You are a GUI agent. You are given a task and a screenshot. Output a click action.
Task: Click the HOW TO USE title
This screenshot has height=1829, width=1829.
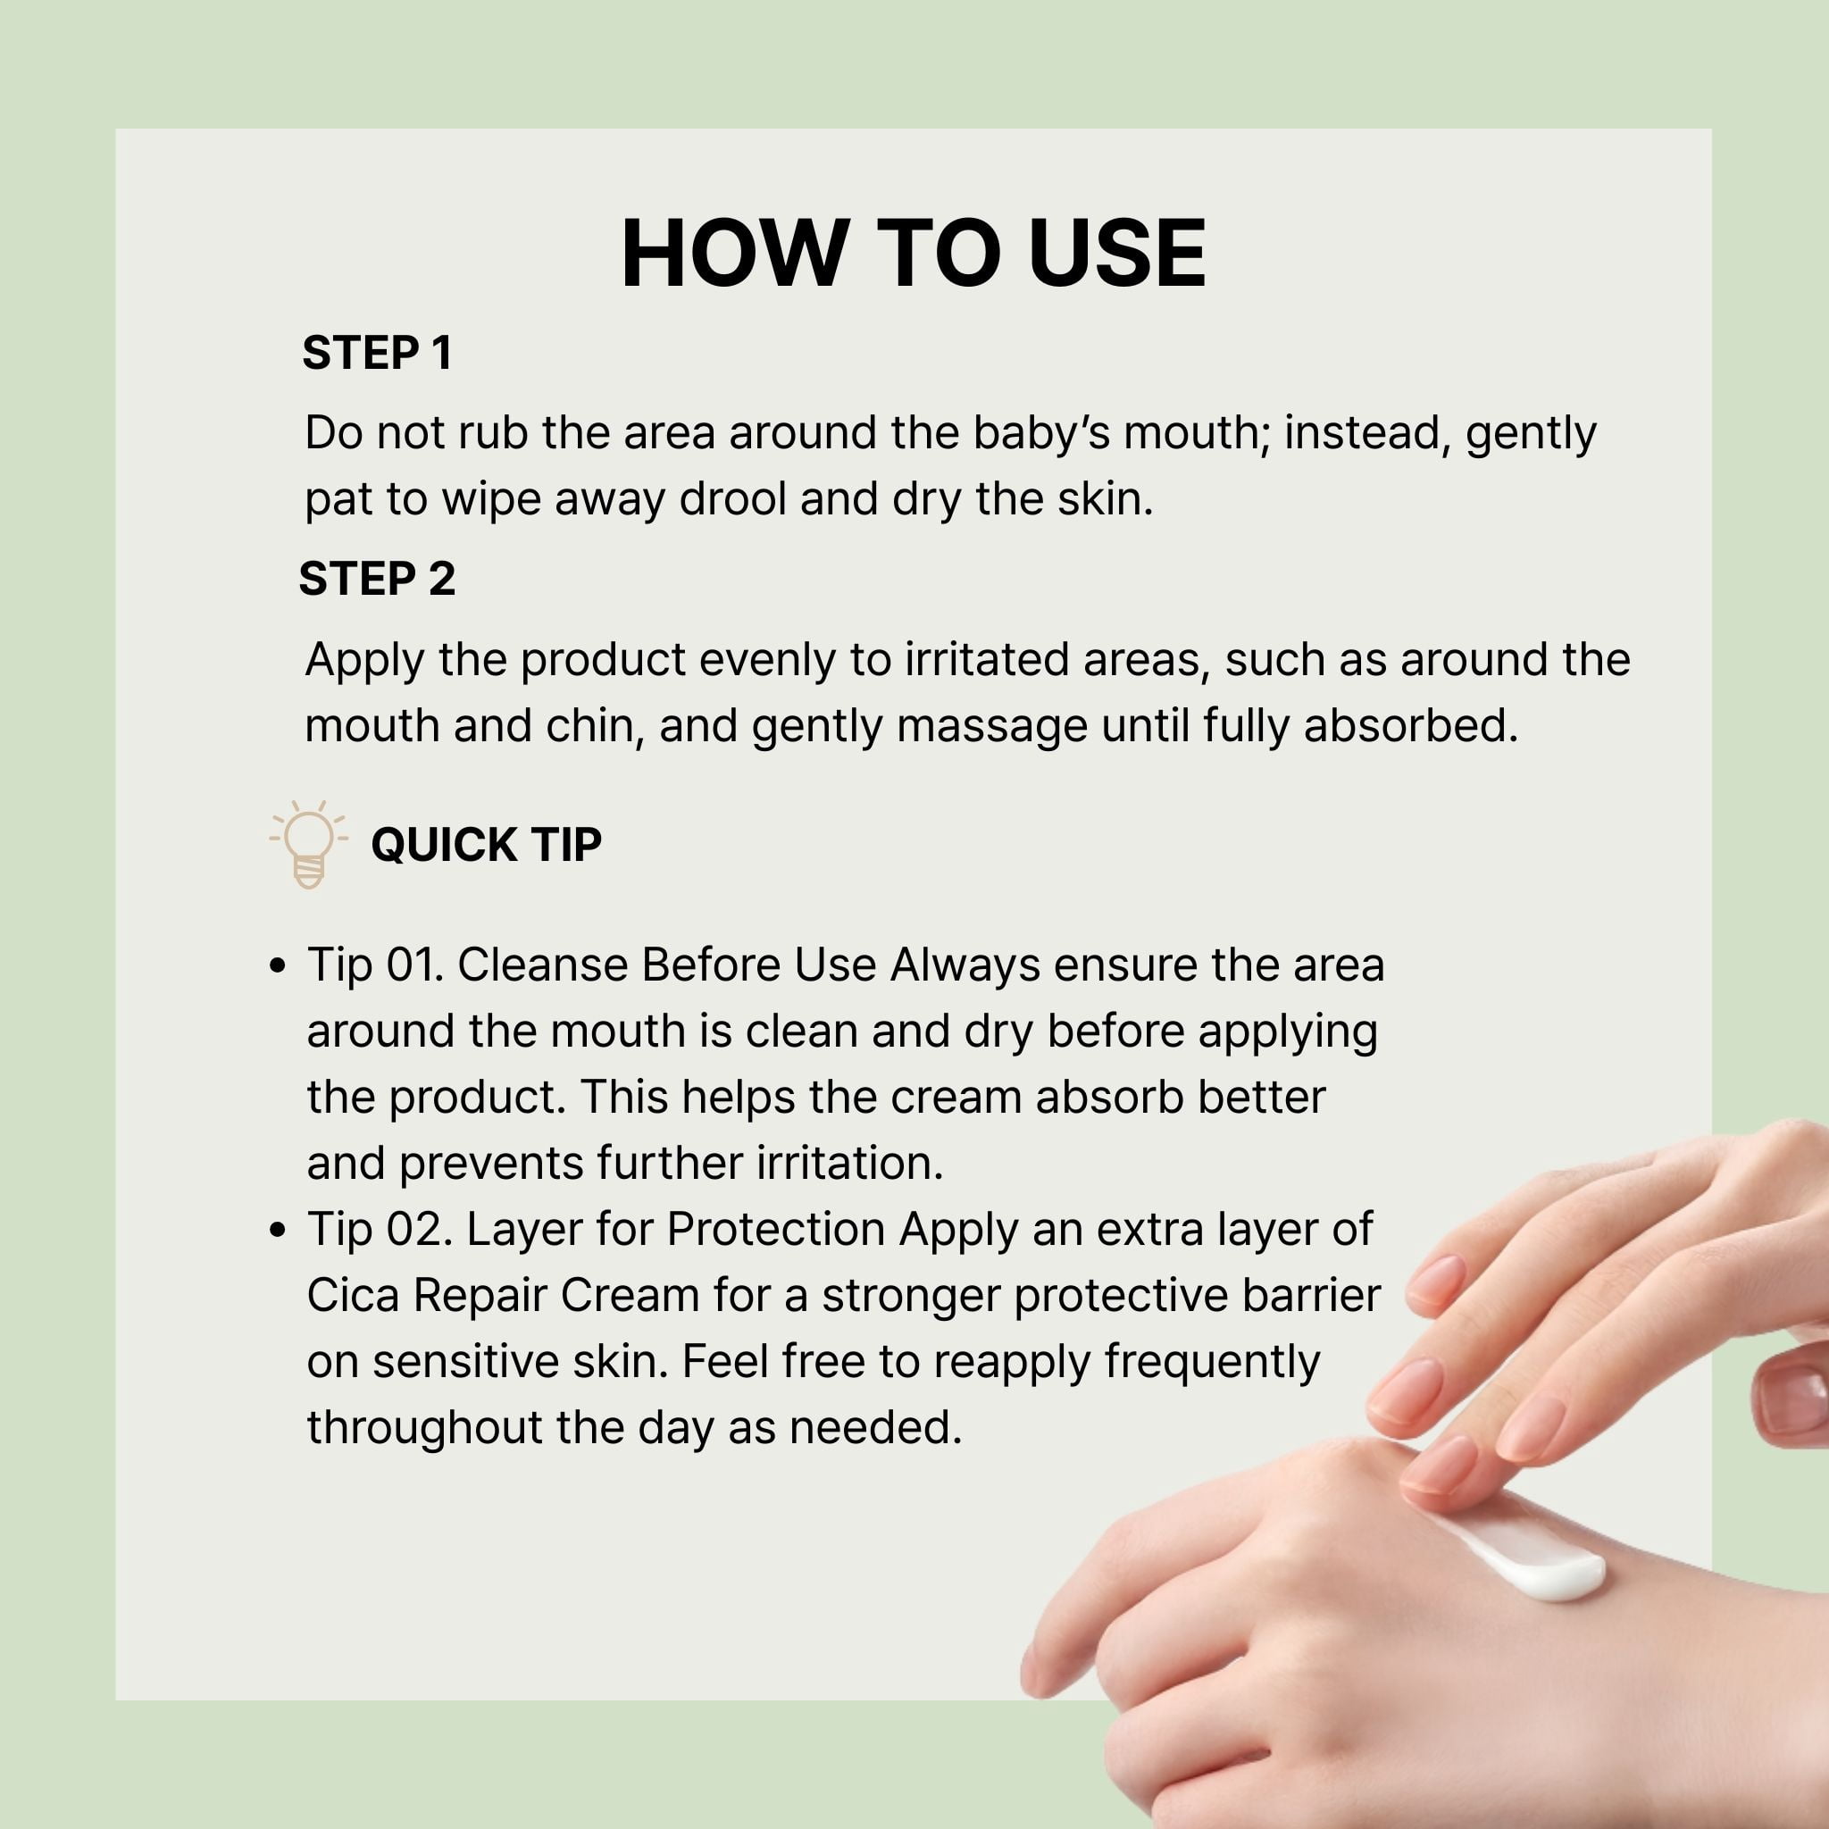pos(914,253)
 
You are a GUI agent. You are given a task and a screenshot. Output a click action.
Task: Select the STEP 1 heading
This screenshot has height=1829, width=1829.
pos(377,353)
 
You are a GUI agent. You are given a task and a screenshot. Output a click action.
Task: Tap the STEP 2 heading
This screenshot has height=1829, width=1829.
pos(377,579)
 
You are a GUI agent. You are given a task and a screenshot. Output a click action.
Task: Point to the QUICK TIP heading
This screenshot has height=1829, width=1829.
pos(487,845)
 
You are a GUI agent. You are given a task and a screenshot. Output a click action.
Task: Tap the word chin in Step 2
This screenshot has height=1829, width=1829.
pos(594,726)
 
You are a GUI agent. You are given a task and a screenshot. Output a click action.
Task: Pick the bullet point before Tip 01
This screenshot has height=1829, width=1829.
pos(278,965)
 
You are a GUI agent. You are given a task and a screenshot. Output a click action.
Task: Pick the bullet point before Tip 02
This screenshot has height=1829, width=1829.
pos(278,1230)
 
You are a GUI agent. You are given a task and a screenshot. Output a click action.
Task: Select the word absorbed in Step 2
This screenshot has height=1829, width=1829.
pos(1410,726)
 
